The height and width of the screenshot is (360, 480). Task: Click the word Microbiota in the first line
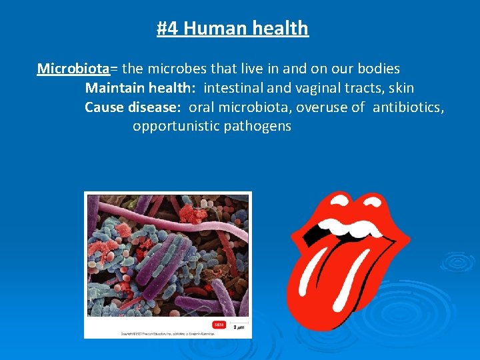(73, 69)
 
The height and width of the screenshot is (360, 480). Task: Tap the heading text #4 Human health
(233, 28)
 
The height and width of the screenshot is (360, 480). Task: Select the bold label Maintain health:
(141, 88)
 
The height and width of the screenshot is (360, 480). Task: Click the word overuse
(323, 107)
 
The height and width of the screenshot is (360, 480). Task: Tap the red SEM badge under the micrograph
(218, 325)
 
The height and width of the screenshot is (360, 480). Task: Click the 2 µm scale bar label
(238, 327)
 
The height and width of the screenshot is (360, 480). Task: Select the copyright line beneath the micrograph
(160, 333)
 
